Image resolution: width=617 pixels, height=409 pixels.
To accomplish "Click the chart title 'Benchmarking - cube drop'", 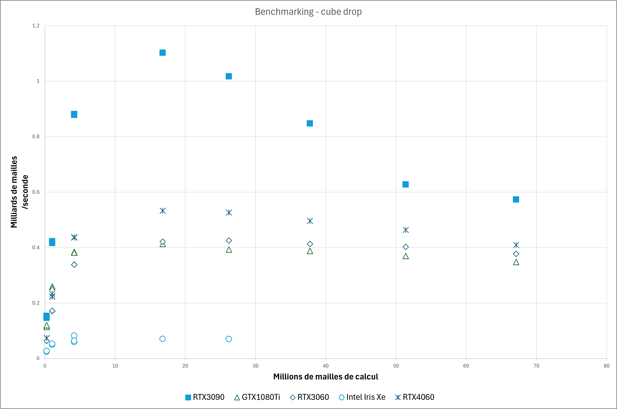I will (308, 12).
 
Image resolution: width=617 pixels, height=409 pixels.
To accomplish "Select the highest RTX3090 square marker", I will (162, 53).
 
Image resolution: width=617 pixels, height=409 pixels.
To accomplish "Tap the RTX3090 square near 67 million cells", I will (516, 200).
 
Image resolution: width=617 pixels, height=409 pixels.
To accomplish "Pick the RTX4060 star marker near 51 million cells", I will (406, 230).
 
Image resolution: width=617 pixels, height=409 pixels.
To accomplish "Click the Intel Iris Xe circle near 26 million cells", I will (229, 339).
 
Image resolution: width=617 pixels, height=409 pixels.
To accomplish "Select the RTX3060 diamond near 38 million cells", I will (310, 244).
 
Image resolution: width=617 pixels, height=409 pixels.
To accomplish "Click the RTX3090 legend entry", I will (205, 397).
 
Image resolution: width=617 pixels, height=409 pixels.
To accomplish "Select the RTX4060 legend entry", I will (414, 397).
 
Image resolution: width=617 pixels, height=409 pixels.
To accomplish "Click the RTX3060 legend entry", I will (309, 397).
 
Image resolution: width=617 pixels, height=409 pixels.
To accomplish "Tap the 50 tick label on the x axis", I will (396, 366).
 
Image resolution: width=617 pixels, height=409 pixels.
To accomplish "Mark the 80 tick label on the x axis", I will (606, 366).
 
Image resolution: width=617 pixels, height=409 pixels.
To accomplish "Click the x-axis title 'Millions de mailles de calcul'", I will (326, 377).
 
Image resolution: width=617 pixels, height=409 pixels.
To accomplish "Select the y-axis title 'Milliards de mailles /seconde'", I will (19, 192).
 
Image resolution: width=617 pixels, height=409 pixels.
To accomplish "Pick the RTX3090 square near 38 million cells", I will (310, 123).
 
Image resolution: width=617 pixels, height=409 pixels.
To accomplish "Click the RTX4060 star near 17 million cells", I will (162, 211).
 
